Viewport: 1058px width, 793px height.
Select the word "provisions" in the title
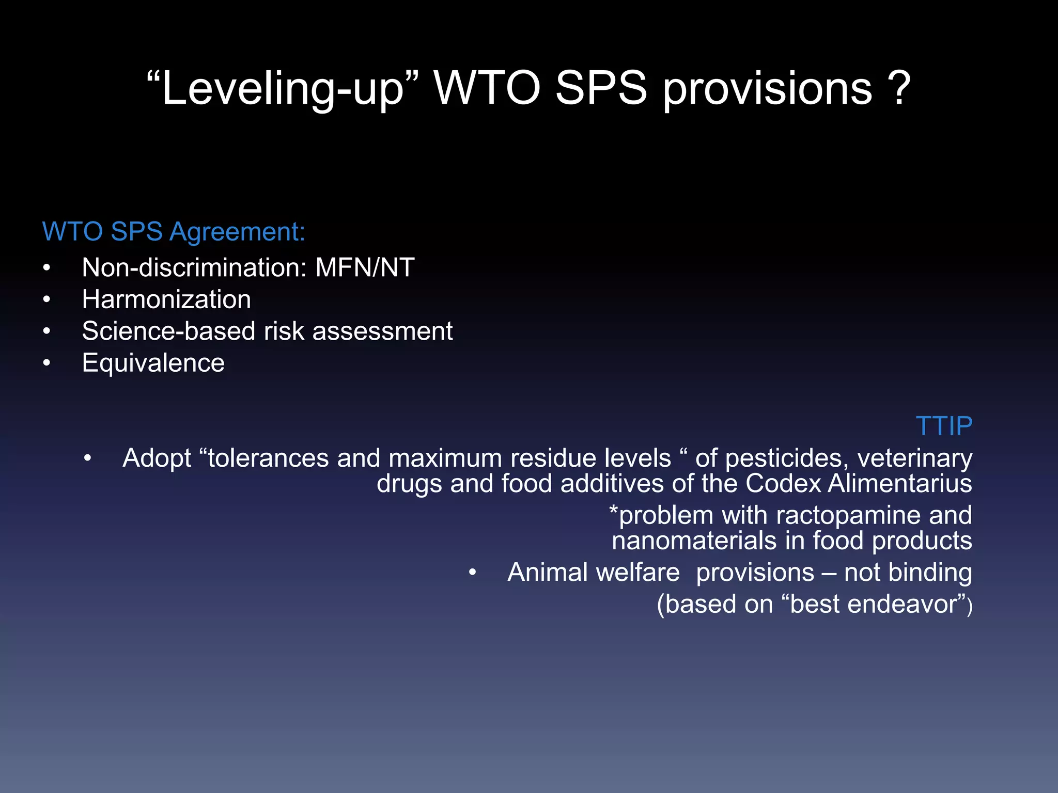(x=768, y=89)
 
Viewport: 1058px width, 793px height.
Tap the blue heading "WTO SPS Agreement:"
(x=174, y=231)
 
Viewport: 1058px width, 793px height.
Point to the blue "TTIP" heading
(x=944, y=426)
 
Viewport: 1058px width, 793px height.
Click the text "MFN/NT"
(x=365, y=267)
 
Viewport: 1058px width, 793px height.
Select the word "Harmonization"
(x=166, y=299)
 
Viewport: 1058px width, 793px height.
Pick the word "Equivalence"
(x=153, y=362)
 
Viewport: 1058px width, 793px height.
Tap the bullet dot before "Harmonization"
(x=47, y=299)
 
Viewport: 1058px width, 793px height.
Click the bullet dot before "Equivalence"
(x=47, y=363)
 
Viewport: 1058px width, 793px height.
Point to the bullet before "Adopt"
(x=88, y=458)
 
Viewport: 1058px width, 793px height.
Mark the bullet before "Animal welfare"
(x=472, y=573)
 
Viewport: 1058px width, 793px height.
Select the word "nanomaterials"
(x=694, y=541)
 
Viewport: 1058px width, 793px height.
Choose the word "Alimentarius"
(x=899, y=484)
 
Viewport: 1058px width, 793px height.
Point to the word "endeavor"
(x=874, y=604)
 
